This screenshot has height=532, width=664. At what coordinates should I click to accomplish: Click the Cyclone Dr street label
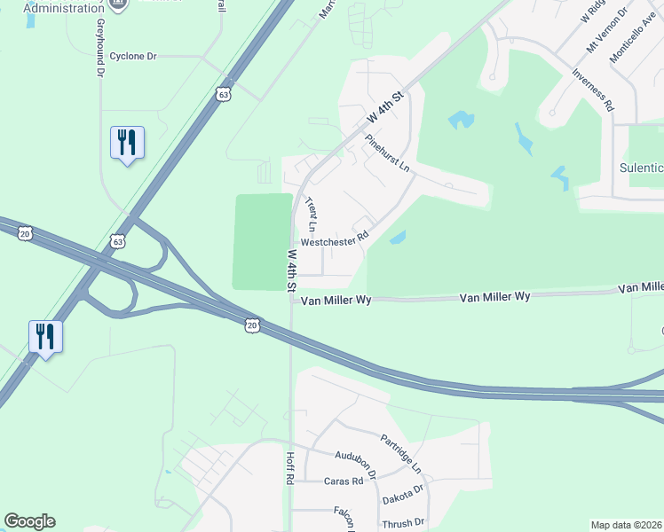(x=132, y=56)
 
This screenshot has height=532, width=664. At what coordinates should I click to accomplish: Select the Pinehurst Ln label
(x=387, y=153)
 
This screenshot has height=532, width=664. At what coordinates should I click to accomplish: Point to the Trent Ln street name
(x=312, y=215)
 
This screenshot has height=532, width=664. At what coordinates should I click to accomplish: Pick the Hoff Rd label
(x=289, y=466)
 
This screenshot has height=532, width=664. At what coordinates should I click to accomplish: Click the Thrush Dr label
(x=403, y=523)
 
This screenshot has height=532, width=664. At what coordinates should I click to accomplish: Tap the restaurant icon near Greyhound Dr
(x=127, y=143)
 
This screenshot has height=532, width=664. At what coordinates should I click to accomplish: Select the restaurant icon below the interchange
(x=45, y=337)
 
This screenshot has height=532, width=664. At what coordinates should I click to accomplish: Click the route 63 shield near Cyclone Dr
(x=223, y=93)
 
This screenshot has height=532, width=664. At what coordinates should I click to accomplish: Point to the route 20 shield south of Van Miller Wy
(x=253, y=326)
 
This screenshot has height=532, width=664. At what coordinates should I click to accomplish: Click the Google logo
(x=29, y=521)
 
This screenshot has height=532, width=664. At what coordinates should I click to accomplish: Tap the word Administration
(x=65, y=8)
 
